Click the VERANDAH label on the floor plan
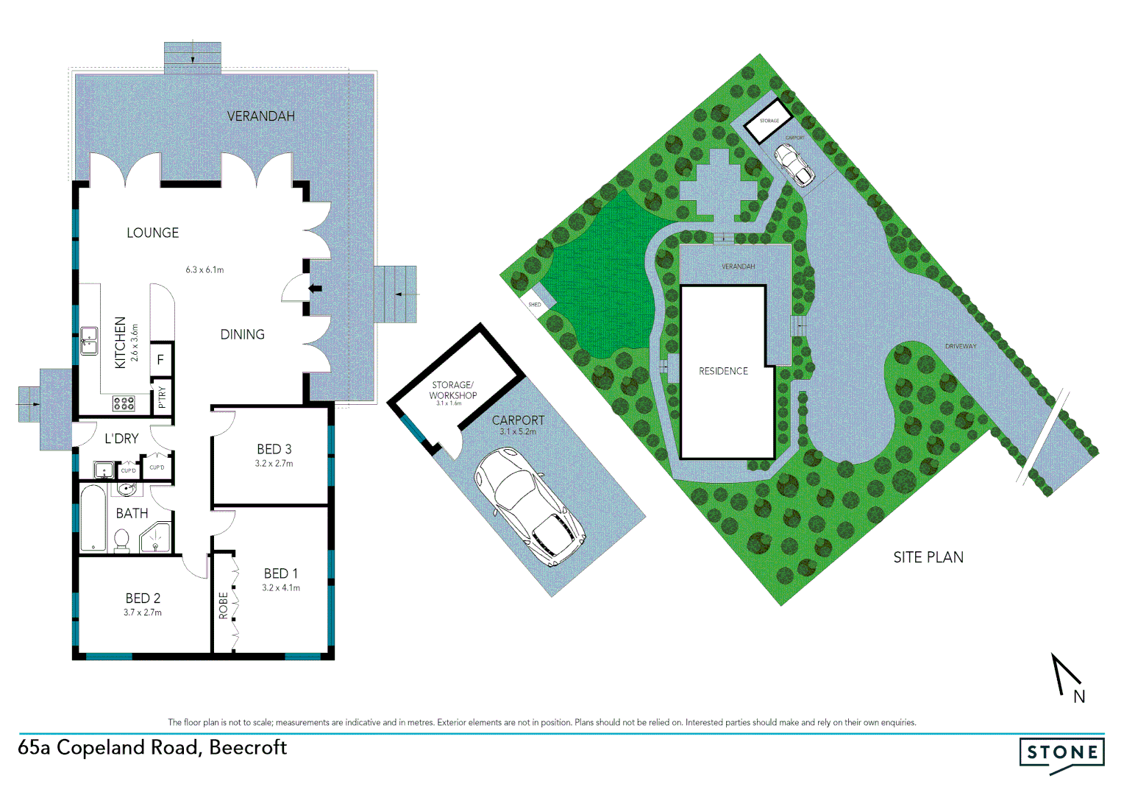260,116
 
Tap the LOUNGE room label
152,233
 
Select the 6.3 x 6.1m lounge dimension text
204,270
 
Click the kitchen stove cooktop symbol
123,403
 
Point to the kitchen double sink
89,342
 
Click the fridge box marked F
161,360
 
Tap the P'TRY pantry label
162,397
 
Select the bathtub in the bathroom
93,517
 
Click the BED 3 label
274,449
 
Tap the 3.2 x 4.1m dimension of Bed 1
281,588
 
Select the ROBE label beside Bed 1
223,605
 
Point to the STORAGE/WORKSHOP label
453,390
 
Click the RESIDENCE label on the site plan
723,371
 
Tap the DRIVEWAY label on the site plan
961,346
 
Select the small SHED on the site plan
535,305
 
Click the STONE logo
1062,753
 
